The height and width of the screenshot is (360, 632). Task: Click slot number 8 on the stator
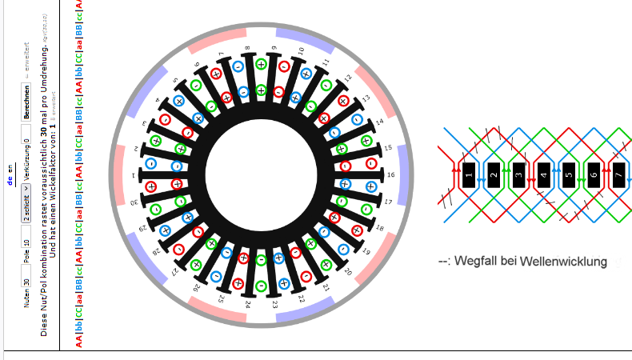tap(247, 49)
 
